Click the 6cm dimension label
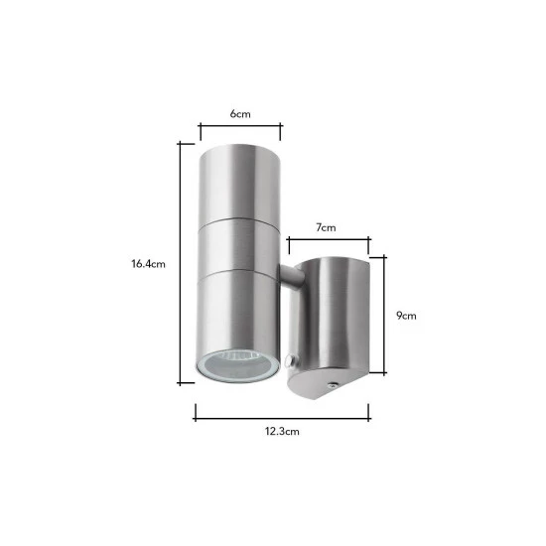click(240, 114)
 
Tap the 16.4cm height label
click(148, 264)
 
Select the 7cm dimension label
click(326, 227)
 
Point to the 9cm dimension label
click(406, 316)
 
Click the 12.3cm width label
click(282, 432)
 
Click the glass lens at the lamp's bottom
click(238, 366)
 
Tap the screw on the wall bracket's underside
click(333, 385)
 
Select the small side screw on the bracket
click(288, 360)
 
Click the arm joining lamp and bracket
click(291, 277)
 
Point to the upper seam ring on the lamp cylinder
click(239, 220)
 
